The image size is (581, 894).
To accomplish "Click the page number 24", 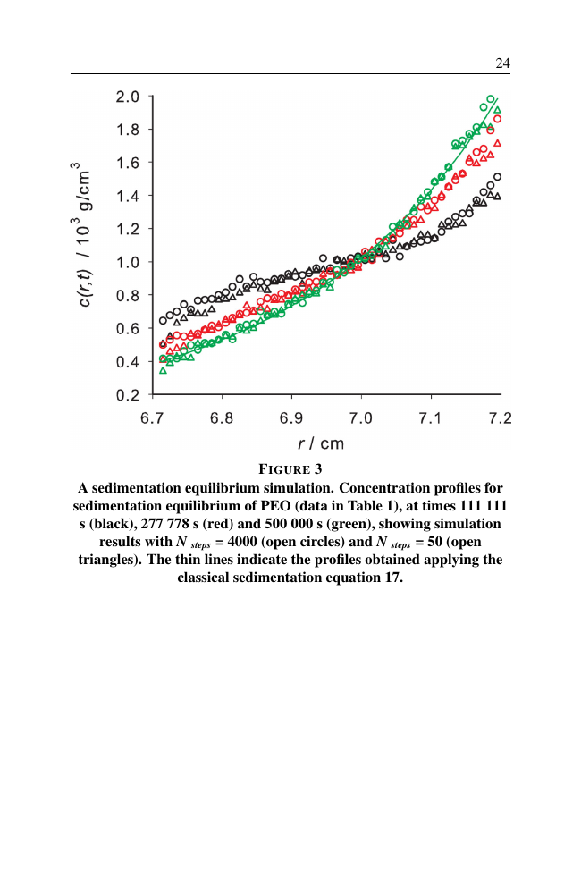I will [502, 63].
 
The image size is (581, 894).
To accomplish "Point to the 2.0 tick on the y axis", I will [127, 97].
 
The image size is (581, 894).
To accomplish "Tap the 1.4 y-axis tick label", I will [127, 196].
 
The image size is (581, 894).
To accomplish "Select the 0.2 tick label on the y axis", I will [127, 394].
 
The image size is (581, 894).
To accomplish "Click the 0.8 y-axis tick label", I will [127, 295].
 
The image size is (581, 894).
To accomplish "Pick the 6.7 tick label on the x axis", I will [153, 418].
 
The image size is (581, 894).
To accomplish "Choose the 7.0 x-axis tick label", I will [361, 418].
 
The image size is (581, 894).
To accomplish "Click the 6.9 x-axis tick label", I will [291, 418].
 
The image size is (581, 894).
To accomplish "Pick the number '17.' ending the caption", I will [392, 578].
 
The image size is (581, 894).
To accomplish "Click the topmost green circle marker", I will [491, 99].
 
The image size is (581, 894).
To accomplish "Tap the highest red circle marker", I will [497, 119].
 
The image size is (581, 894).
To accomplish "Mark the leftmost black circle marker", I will [163, 320].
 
